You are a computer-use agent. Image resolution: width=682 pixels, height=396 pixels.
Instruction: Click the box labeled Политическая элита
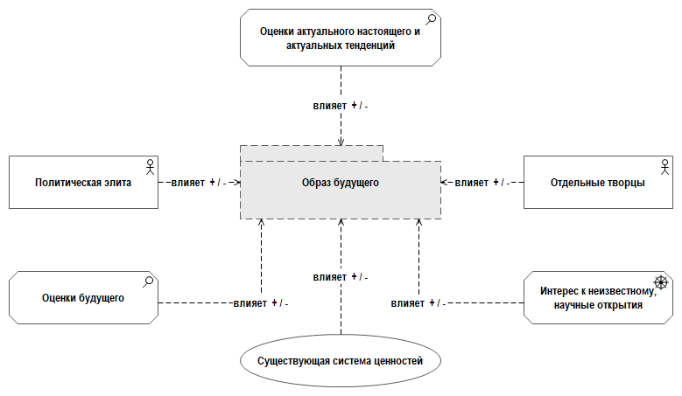(84, 183)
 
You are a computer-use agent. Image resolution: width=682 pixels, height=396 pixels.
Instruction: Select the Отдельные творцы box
(599, 183)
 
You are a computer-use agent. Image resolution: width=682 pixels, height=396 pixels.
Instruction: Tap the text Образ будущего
(341, 183)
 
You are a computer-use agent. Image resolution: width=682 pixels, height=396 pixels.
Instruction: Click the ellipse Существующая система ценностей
(340, 360)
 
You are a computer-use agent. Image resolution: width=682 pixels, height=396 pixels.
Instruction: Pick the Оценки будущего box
(84, 297)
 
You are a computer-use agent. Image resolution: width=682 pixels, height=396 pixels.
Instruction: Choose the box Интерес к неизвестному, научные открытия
(599, 298)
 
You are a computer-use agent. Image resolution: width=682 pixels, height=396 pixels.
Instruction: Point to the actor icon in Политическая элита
(150, 164)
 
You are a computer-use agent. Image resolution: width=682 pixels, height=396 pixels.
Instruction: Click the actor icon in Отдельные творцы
(665, 164)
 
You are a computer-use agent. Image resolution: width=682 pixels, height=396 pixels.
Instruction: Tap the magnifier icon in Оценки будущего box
(150, 281)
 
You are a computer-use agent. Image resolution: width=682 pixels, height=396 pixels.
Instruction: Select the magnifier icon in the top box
(432, 18)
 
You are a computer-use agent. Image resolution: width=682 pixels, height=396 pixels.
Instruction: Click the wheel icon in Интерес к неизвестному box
(664, 282)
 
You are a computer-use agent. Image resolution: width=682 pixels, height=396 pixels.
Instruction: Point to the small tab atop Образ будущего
(312, 153)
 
